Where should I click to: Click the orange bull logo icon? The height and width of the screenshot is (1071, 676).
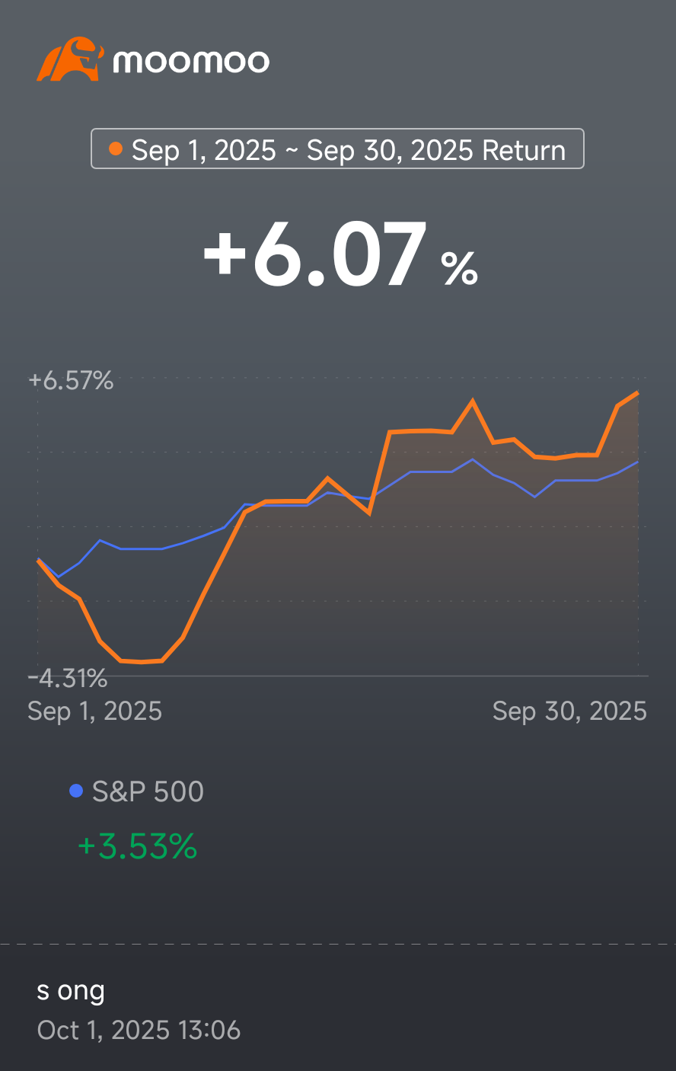(x=69, y=59)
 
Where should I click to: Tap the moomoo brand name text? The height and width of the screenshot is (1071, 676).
(x=191, y=61)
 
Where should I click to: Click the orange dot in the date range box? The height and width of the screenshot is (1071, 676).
(x=116, y=149)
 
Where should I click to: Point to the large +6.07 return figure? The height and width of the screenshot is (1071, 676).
(x=314, y=255)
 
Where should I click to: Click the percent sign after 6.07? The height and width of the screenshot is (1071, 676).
(x=459, y=267)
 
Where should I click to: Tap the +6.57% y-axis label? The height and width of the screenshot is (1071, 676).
(x=71, y=380)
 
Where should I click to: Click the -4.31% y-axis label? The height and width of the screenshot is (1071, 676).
(x=68, y=677)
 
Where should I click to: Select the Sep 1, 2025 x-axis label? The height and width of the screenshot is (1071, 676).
(x=94, y=711)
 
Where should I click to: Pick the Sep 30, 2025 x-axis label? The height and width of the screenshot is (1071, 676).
(x=569, y=711)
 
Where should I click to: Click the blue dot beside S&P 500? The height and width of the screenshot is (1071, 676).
(x=75, y=791)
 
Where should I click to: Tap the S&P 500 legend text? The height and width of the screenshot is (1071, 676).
(x=148, y=791)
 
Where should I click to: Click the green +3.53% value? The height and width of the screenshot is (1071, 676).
(x=137, y=846)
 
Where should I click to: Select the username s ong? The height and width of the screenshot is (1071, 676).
(x=71, y=991)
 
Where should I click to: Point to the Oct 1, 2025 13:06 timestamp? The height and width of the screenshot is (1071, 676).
(x=139, y=1030)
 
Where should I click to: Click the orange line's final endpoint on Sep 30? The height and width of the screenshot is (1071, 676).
(x=637, y=393)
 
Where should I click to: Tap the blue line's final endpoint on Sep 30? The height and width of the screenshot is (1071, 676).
(x=637, y=462)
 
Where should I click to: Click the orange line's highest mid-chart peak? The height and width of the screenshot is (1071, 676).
(x=473, y=401)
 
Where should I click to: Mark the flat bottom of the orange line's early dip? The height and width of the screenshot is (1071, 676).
(x=142, y=661)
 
